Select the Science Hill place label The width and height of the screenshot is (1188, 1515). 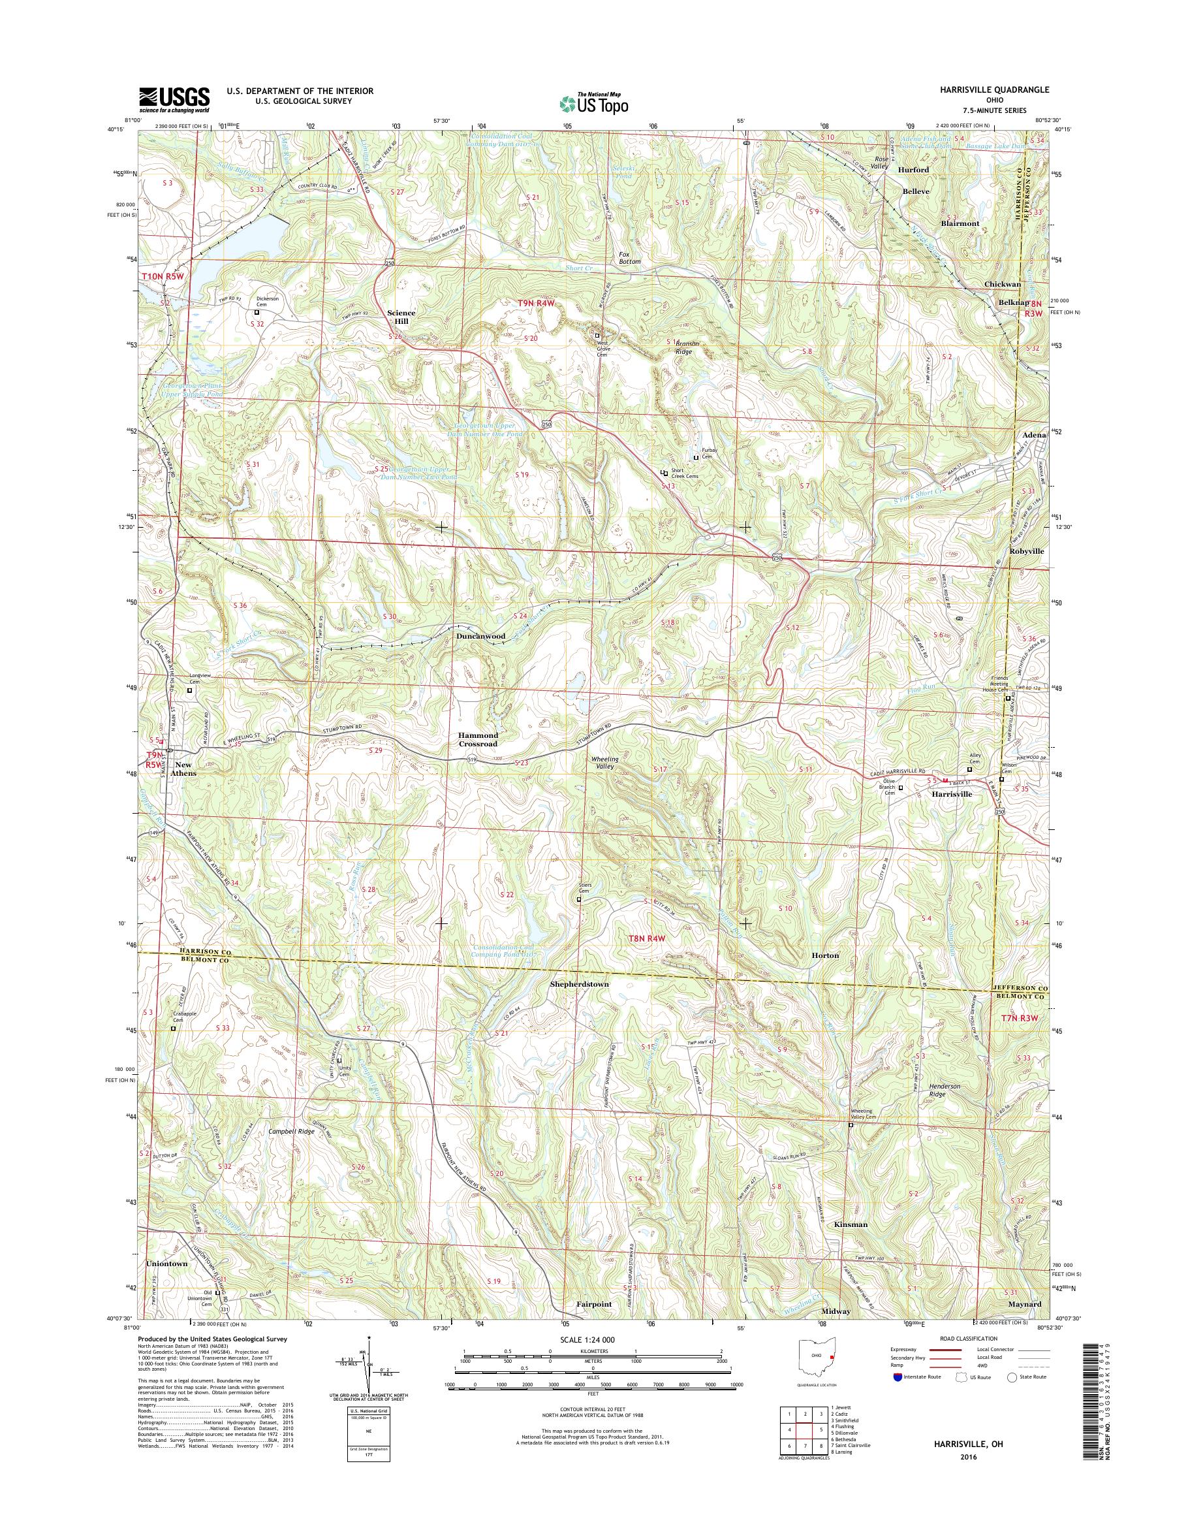401,317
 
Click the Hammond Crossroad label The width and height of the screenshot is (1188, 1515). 478,739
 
